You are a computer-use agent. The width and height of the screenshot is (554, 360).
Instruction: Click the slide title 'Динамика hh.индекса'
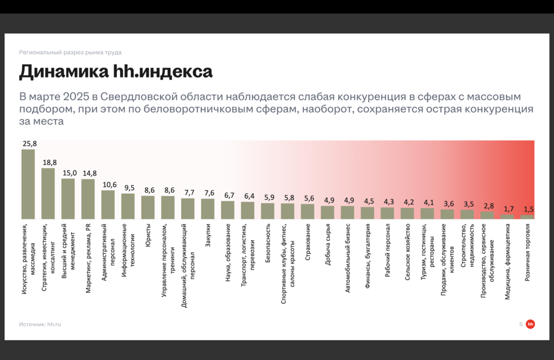click(116, 72)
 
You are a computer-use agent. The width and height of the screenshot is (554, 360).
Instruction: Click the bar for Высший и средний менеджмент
click(68, 199)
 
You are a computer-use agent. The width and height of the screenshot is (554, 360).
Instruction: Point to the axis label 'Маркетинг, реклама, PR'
click(88, 259)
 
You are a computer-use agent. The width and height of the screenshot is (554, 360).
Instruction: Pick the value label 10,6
click(108, 185)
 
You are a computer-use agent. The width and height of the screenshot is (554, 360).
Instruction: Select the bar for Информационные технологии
click(128, 206)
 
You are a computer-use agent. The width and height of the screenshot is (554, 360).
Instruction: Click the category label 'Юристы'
click(148, 236)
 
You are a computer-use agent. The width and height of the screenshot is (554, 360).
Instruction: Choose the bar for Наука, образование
click(228, 210)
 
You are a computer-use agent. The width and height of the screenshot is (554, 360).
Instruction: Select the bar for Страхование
click(308, 211)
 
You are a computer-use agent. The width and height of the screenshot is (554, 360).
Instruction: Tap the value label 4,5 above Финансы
click(368, 201)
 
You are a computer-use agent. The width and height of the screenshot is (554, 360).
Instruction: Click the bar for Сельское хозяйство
click(408, 214)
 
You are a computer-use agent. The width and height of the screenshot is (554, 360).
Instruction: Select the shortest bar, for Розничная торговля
click(528, 217)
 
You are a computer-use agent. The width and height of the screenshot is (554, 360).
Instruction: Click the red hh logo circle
click(530, 324)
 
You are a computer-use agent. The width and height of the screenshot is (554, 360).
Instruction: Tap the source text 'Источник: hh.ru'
click(40, 324)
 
